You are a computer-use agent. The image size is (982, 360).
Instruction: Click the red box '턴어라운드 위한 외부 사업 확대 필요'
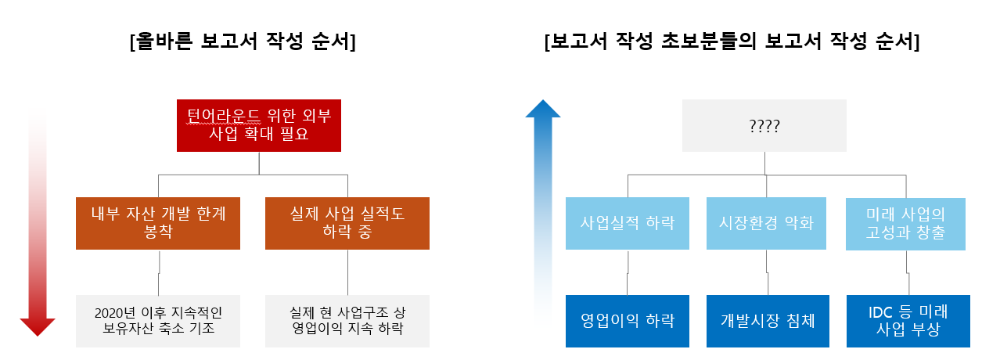point(258,125)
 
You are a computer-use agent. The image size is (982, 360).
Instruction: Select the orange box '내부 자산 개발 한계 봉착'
point(158,223)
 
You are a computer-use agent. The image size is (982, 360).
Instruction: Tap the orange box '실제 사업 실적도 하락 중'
point(347,223)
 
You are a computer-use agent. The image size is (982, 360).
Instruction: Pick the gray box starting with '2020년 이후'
point(158,321)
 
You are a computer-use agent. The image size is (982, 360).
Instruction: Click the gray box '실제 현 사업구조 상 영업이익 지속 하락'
point(347,321)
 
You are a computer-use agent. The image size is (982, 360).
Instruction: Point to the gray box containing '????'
point(764,125)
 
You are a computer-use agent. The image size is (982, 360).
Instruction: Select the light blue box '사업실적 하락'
point(628,223)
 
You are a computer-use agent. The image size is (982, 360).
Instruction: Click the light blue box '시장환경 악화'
point(766,223)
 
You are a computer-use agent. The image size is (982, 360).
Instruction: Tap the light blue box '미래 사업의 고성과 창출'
point(906,223)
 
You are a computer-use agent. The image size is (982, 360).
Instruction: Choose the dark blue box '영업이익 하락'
point(628,321)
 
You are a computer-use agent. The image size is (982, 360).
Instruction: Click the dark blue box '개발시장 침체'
point(766,321)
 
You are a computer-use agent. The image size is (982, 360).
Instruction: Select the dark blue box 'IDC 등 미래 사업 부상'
point(906,321)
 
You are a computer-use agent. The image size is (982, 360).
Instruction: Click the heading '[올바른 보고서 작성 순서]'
point(243,42)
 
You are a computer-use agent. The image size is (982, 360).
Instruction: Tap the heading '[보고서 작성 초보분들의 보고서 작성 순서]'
point(731,42)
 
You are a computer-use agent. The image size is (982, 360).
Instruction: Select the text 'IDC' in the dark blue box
point(882,311)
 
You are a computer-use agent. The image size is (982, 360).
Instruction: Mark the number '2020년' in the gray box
point(110,312)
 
